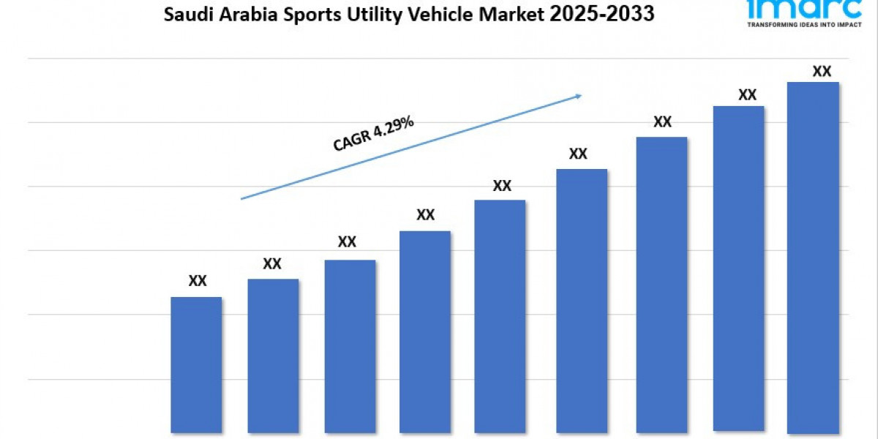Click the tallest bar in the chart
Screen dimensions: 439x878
(813, 256)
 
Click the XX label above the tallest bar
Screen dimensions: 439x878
(822, 71)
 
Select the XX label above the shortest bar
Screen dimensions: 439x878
(198, 280)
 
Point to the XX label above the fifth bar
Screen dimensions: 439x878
(502, 185)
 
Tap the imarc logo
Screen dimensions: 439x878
(804, 8)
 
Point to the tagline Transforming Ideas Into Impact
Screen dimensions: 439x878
(804, 24)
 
